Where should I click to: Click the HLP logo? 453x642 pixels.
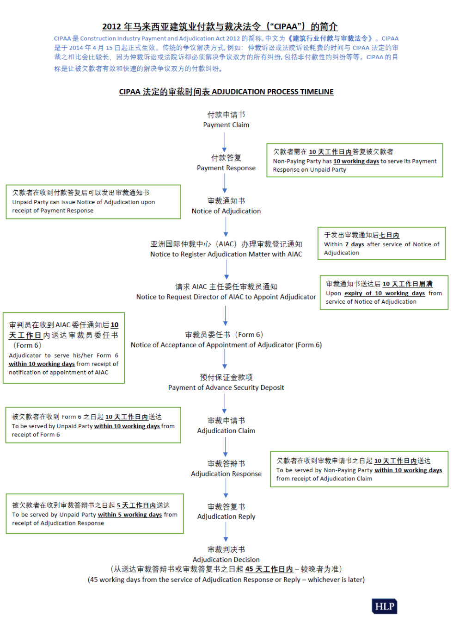click(x=384, y=606)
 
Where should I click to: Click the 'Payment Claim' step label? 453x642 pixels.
click(x=226, y=125)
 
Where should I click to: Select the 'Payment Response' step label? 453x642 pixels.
click(x=226, y=168)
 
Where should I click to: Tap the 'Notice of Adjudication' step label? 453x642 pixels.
click(x=226, y=211)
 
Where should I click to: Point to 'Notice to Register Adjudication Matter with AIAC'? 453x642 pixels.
click(x=226, y=254)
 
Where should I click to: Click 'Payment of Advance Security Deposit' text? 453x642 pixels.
click(x=226, y=387)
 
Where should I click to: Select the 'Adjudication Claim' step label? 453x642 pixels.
click(x=226, y=430)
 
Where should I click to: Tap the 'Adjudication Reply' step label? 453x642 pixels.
click(x=226, y=517)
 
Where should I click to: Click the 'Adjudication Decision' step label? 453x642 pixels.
click(x=226, y=560)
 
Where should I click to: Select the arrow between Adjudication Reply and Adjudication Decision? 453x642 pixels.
click(x=226, y=532)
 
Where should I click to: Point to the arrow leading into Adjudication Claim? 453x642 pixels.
click(x=225, y=404)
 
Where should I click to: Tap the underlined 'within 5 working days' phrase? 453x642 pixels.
click(x=129, y=515)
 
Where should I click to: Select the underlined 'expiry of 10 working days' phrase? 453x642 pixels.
click(x=384, y=293)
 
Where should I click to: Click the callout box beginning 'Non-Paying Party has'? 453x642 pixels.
click(x=355, y=161)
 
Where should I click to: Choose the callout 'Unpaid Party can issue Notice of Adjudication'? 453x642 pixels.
click(x=93, y=202)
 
